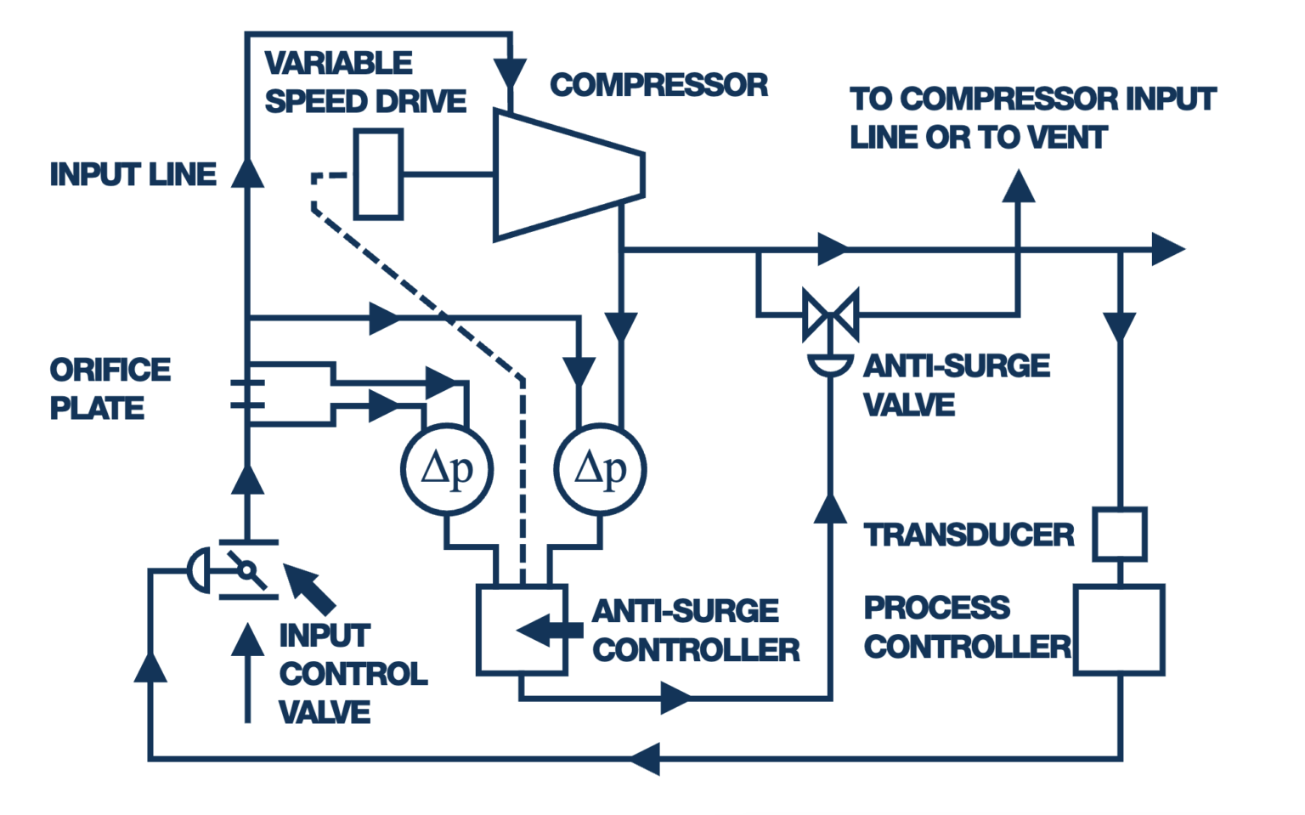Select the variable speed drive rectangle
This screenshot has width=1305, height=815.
[378, 174]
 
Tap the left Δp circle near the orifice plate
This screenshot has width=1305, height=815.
[447, 469]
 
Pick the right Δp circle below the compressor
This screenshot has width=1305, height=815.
[600, 469]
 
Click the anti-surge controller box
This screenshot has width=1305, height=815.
[522, 630]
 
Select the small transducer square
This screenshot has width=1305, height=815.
[1119, 535]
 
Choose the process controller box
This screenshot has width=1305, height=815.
[1119, 630]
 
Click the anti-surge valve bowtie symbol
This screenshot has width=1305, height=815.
[830, 315]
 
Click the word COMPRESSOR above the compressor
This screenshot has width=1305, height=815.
[658, 85]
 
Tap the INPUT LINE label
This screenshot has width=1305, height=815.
[133, 174]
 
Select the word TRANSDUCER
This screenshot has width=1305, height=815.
[969, 535]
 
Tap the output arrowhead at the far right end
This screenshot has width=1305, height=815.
[1167, 250]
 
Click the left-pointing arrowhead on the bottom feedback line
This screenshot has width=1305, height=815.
[646, 758]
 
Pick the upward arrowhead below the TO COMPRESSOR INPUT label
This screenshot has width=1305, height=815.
[1018, 187]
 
